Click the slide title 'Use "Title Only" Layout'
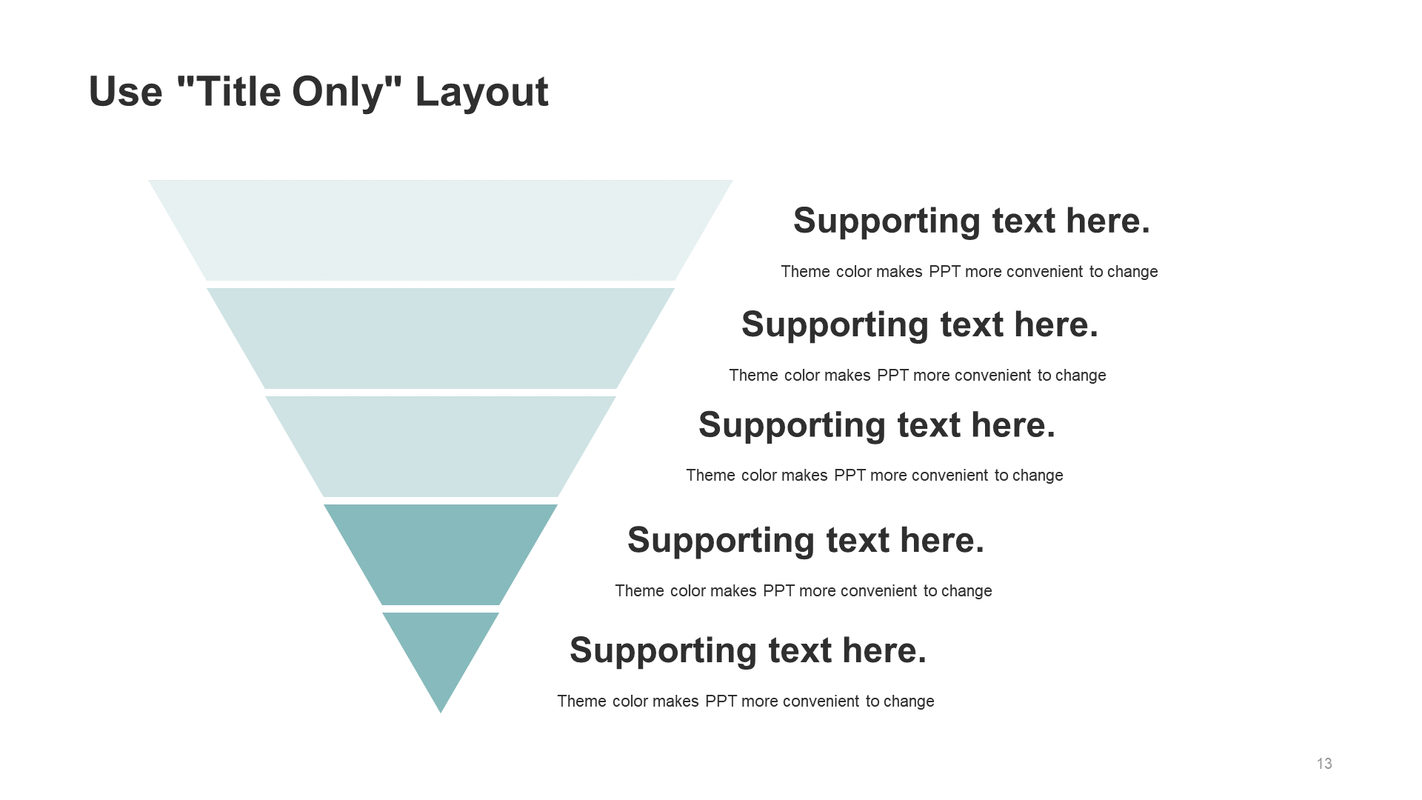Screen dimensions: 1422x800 click(318, 93)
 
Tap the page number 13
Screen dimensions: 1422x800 click(1324, 764)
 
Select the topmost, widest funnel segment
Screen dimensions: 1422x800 click(441, 230)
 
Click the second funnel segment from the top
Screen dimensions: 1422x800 click(441, 338)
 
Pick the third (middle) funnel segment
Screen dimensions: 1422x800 click(441, 446)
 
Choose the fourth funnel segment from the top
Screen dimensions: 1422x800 click(441, 554)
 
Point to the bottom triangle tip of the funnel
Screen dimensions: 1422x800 click(441, 713)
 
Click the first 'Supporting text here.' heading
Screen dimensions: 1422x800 click(972, 221)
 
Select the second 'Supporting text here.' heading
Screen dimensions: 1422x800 click(920, 325)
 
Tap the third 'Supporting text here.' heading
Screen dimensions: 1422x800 click(877, 426)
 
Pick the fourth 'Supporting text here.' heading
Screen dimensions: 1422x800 click(806, 541)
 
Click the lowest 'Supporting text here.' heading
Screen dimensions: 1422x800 click(748, 651)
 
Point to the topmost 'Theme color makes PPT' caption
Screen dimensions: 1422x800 click(969, 272)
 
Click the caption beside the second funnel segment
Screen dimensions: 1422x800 click(918, 376)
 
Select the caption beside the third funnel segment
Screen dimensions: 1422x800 click(875, 476)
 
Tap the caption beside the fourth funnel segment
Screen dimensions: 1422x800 click(804, 591)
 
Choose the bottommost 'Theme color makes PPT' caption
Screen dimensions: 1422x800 click(746, 701)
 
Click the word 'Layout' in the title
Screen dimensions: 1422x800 click(482, 93)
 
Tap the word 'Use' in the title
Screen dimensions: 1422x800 click(126, 92)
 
